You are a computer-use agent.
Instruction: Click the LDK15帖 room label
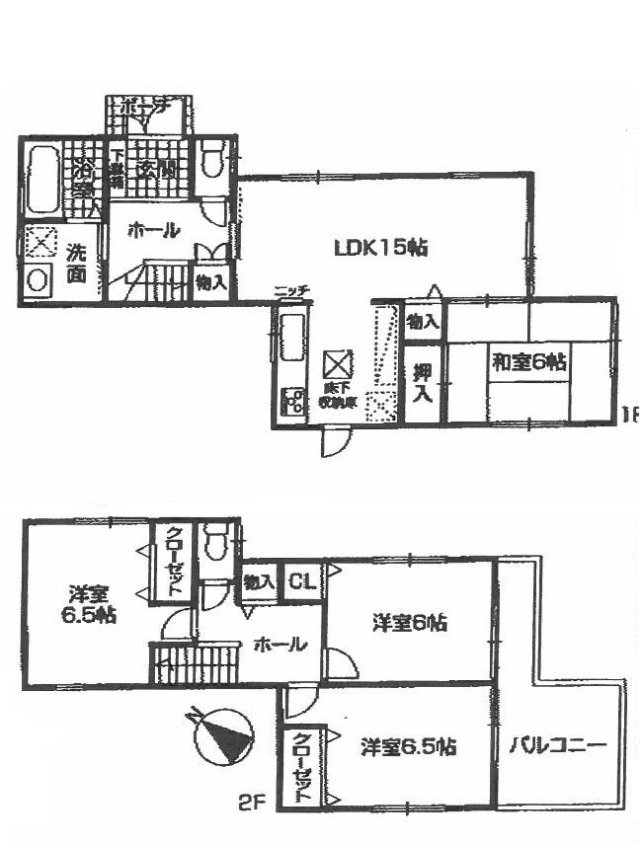point(379,249)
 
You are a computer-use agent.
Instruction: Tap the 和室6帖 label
point(530,363)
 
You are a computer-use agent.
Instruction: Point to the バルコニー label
point(558,745)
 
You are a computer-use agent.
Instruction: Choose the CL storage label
point(302,583)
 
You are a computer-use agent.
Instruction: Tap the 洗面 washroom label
point(76,263)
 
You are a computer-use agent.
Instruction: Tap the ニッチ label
point(292,290)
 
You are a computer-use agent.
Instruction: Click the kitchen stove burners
point(293,401)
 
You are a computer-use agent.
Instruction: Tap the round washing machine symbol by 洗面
point(39,279)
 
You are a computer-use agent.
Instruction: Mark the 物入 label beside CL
point(259,583)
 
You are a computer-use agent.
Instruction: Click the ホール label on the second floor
point(281,646)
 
